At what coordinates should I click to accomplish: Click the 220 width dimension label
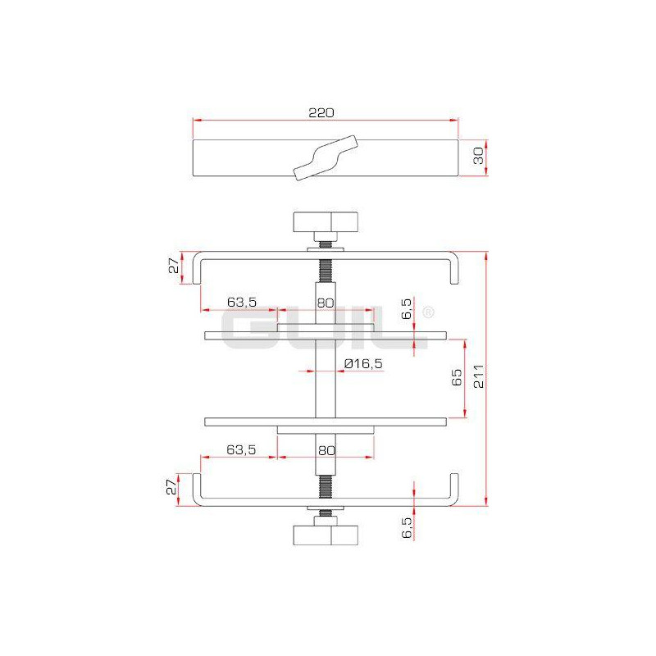[x=321, y=113]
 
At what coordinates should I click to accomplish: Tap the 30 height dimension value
[x=478, y=156]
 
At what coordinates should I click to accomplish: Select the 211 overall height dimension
[x=479, y=376]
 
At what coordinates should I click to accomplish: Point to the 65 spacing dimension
[x=457, y=377]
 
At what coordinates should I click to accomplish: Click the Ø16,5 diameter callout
[x=363, y=363]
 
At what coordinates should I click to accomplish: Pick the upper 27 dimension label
[x=174, y=266]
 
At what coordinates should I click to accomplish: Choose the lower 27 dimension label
[x=171, y=487]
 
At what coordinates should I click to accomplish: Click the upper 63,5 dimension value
[x=242, y=302]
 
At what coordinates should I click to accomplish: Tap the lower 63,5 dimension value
[x=241, y=449]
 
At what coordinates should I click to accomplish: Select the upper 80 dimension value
[x=326, y=303]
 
